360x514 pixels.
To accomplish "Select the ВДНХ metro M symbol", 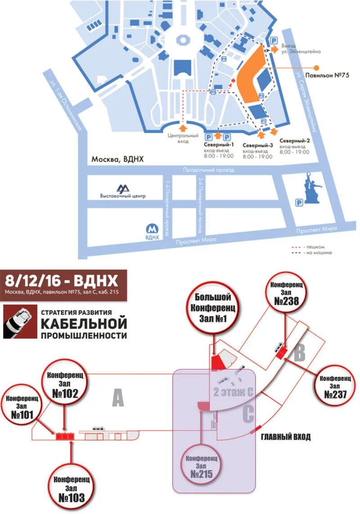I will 153,228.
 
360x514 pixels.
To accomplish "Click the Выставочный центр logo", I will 123,189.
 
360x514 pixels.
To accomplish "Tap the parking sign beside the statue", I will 298,203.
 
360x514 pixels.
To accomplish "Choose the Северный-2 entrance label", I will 295,141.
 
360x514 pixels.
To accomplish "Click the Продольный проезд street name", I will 209,170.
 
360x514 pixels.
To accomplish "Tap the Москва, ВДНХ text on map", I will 119,159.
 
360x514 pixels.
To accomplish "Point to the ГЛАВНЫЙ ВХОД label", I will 286,437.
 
